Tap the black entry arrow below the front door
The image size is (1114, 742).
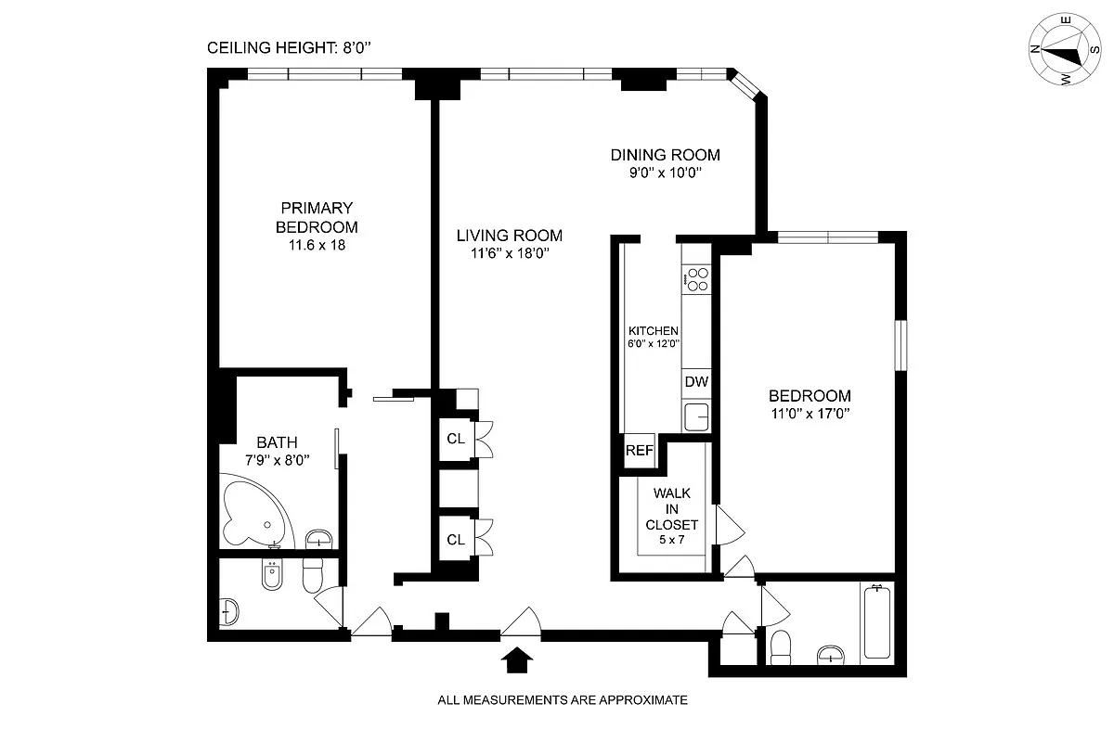pos(518,659)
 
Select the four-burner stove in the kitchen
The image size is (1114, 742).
pos(696,278)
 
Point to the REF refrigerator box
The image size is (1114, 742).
pos(639,452)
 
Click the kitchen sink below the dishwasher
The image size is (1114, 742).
pos(696,416)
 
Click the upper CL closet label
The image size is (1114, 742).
pos(455,440)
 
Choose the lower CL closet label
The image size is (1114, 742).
pos(455,540)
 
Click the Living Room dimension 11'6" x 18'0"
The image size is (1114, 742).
pos(511,253)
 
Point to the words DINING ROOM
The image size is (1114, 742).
pos(665,155)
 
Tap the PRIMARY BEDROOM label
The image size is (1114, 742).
pos(317,217)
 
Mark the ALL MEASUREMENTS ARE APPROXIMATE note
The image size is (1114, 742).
pos(563,700)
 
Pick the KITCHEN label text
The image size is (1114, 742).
pos(654,331)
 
